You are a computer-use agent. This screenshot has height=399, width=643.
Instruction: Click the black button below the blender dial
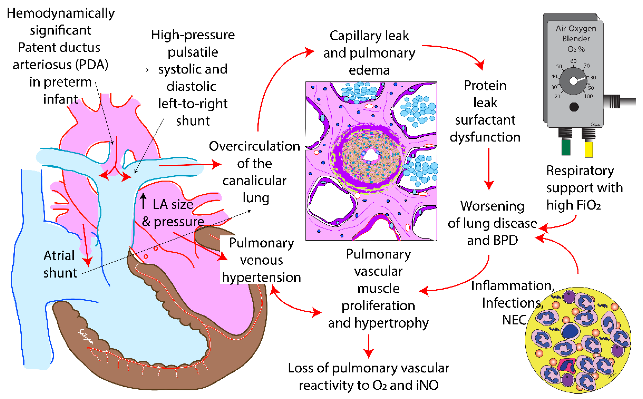pos(574,107)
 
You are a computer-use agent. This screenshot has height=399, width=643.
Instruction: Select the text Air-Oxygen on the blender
pos(576,28)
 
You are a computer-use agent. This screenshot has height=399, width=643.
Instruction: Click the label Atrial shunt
pos(60,264)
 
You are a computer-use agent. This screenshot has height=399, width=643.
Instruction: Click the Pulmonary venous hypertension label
pos(261,260)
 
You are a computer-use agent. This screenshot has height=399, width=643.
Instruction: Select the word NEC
pos(514,320)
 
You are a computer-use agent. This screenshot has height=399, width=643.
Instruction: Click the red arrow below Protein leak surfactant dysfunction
pos(489,169)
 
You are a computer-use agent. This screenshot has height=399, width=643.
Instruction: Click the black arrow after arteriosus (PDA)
pos(134,70)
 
